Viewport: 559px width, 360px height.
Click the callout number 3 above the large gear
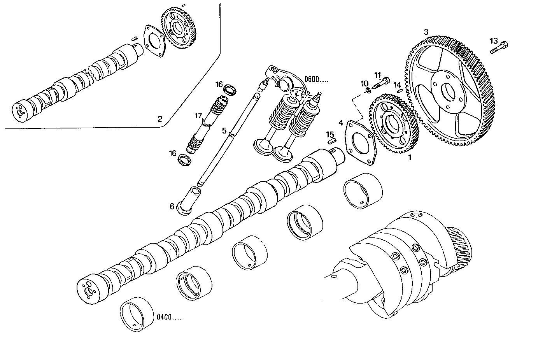(426, 32)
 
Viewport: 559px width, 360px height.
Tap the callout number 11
(378, 75)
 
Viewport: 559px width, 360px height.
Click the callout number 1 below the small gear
(409, 158)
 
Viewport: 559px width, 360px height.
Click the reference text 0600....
(316, 79)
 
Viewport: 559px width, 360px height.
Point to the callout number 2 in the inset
(159, 119)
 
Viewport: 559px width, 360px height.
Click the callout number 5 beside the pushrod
(224, 130)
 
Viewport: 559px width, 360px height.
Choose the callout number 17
(199, 116)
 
